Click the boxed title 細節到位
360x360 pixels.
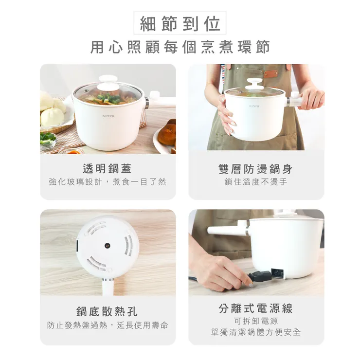coord(180,23)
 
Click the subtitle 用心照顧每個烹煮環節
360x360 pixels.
coord(180,47)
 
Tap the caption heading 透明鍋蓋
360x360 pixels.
coord(108,168)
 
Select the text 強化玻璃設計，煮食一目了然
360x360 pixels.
coord(108,182)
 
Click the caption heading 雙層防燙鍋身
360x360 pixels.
coord(256,168)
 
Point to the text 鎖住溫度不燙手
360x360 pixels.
coord(256,182)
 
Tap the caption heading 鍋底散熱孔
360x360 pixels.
coord(108,311)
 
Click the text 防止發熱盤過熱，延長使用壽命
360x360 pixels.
coord(108,325)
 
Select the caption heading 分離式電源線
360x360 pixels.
coord(256,308)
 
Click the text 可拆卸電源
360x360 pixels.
coord(256,321)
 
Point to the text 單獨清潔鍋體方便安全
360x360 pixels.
coord(256,332)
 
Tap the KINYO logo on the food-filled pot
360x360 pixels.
coord(108,116)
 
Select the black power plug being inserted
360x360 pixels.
coord(260,278)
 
